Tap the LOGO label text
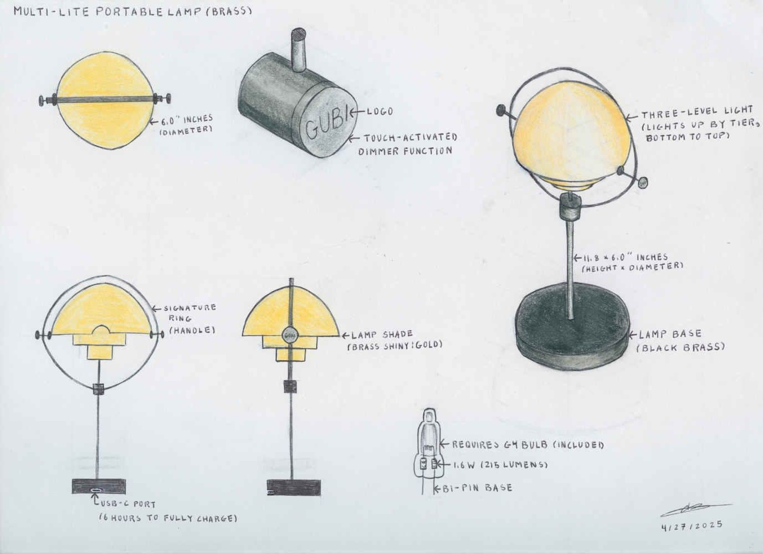[380, 111]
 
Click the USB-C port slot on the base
[96, 489]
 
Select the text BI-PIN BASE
[477, 488]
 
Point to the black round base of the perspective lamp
[572, 327]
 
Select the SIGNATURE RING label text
[190, 313]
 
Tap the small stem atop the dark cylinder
[299, 49]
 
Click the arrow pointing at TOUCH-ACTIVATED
[355, 138]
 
